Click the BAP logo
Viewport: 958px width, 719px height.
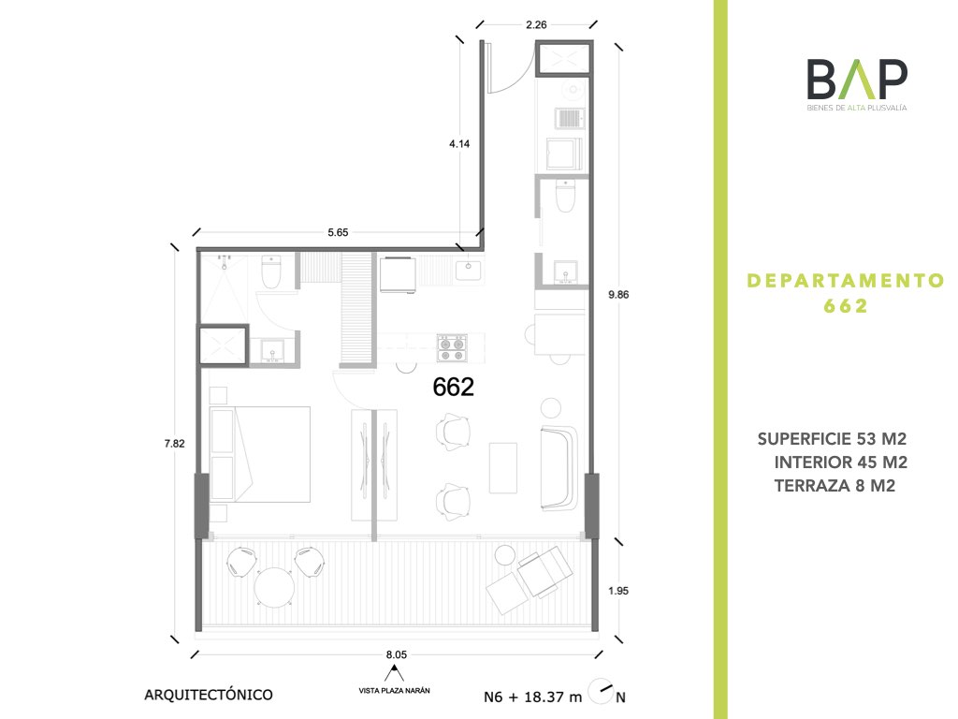click(857, 84)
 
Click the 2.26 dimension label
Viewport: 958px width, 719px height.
click(536, 25)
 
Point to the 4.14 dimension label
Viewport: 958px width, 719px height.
click(459, 143)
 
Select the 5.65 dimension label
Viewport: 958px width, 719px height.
click(338, 232)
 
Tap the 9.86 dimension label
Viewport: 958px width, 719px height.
click(618, 295)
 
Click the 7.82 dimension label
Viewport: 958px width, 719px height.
click(175, 444)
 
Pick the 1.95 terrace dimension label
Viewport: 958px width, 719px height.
click(618, 591)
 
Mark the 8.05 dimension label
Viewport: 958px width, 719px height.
click(397, 654)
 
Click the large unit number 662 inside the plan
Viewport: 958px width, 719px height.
click(453, 387)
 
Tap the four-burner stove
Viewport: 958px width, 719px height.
click(452, 348)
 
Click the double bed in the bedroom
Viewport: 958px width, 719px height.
click(260, 454)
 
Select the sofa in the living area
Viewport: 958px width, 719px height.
click(559, 468)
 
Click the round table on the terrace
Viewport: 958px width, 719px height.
click(274, 588)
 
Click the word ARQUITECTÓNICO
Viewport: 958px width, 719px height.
click(209, 695)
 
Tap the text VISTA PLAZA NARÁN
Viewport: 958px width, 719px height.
click(394, 691)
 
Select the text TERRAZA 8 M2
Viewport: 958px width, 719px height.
click(835, 486)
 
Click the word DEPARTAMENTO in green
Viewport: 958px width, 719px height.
click(846, 281)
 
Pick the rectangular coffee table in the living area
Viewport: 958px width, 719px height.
click(502, 468)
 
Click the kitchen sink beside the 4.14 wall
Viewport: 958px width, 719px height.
click(468, 268)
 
